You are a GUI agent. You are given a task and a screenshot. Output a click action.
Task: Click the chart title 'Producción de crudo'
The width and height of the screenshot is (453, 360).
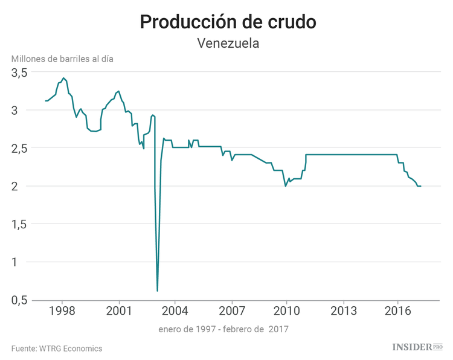[228, 22]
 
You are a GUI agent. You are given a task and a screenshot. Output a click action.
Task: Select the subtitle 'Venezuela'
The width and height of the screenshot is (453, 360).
[228, 43]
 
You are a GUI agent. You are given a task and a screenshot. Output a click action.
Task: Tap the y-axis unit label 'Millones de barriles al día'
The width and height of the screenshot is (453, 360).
[62, 59]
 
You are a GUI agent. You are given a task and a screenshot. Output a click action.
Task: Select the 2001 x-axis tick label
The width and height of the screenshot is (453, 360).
[118, 312]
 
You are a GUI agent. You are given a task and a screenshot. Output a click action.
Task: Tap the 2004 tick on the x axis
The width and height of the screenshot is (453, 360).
[175, 312]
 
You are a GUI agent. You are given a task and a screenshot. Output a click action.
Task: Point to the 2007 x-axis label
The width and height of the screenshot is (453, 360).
[231, 312]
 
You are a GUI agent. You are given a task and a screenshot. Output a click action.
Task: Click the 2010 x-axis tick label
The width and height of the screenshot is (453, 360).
[286, 312]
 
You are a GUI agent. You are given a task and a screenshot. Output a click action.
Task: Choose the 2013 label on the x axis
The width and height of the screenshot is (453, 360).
[343, 312]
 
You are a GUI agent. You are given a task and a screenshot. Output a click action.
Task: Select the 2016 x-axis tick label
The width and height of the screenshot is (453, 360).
[398, 312]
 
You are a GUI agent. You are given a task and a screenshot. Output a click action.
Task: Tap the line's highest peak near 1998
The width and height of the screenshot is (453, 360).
[63, 78]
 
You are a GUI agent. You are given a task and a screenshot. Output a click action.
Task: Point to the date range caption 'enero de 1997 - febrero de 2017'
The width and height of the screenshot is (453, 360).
[223, 329]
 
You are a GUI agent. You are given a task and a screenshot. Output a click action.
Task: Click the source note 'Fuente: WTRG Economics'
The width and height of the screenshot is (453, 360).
[57, 349]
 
